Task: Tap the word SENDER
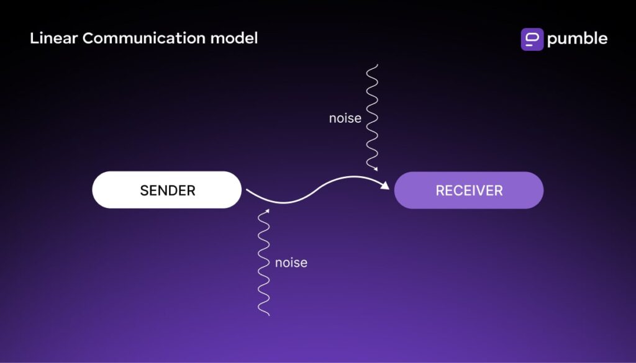[x=167, y=190]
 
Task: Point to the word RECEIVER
[x=469, y=190]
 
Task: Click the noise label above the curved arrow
[x=345, y=118]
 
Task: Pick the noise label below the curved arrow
[x=291, y=262]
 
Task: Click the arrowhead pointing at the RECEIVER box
[x=385, y=185]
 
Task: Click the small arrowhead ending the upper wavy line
[x=375, y=168]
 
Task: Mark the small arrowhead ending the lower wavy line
[x=267, y=212]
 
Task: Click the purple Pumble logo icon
[x=532, y=39]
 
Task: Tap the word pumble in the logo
[x=577, y=39]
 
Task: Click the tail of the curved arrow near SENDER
[x=248, y=192]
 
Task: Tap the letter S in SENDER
[x=144, y=190]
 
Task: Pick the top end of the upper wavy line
[x=371, y=65]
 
